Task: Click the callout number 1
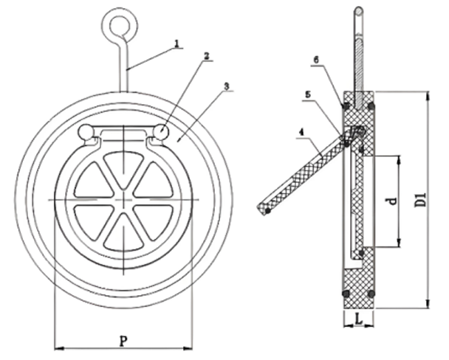176,44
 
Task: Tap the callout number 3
228,86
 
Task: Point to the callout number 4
300,132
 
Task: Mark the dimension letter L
357,319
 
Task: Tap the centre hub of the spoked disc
123,200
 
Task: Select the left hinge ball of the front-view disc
86,133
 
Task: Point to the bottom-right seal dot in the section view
371,294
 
